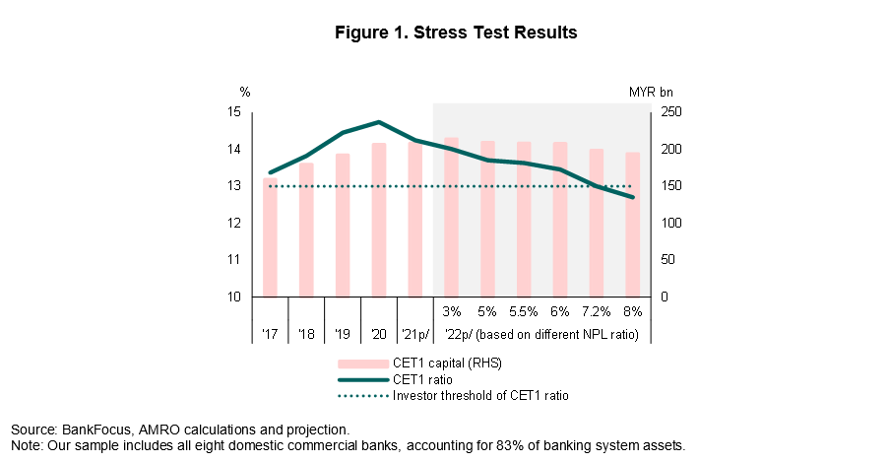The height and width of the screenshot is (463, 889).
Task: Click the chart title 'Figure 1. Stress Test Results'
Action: (x=454, y=33)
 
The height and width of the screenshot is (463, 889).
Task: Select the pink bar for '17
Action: (x=270, y=237)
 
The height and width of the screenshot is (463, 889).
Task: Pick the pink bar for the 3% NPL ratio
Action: (x=451, y=217)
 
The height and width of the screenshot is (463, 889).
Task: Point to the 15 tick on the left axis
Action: (x=233, y=112)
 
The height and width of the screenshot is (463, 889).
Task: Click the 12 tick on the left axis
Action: (x=233, y=223)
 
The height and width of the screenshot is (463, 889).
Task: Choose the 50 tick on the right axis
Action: (x=667, y=260)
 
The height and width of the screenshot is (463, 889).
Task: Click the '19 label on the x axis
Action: (x=342, y=335)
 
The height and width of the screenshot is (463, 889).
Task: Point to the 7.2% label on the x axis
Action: (x=596, y=311)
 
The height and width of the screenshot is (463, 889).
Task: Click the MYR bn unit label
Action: (x=650, y=92)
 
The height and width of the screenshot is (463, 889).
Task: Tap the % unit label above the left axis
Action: (x=245, y=92)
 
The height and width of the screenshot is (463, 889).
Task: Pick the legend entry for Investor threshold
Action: (x=480, y=395)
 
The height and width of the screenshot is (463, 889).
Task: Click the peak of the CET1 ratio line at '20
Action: (x=379, y=122)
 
